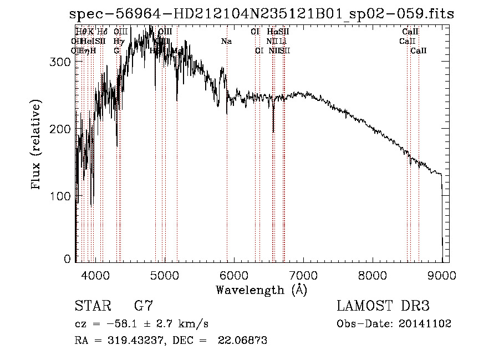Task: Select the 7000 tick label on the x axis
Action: click(303, 275)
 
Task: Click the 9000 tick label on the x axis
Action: click(442, 275)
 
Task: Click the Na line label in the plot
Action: click(226, 41)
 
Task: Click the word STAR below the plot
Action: click(91, 306)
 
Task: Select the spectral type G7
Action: click(144, 306)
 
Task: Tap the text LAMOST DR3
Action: click(383, 306)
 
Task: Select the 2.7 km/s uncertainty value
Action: click(169, 323)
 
